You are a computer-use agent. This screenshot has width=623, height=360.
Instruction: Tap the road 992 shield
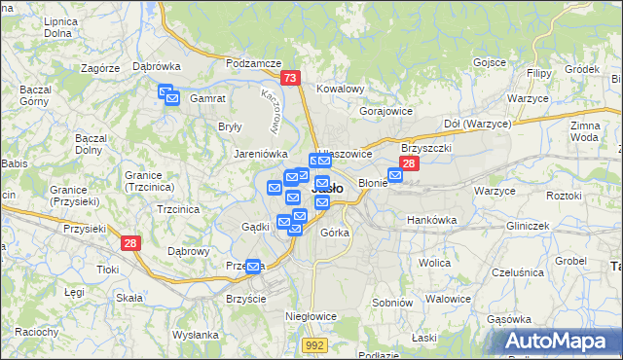(313, 344)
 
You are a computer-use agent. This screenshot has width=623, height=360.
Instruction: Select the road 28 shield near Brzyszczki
(410, 164)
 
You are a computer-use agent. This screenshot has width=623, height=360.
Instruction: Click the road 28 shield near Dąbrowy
(130, 243)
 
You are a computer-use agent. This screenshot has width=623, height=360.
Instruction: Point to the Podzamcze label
(252, 62)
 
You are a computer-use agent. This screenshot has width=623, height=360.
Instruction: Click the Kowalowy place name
(340, 90)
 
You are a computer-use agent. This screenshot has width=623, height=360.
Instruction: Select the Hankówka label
(431, 220)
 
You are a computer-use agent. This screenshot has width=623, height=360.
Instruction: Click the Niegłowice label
(311, 316)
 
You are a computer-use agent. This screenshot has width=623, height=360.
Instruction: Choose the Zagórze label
(100, 69)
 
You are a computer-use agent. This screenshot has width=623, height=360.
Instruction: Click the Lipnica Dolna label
(59, 26)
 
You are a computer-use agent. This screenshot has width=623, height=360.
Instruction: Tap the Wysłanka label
(196, 335)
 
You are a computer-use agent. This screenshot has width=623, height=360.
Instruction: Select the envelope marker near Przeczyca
(254, 265)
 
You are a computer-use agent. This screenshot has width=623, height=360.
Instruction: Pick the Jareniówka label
(260, 154)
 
